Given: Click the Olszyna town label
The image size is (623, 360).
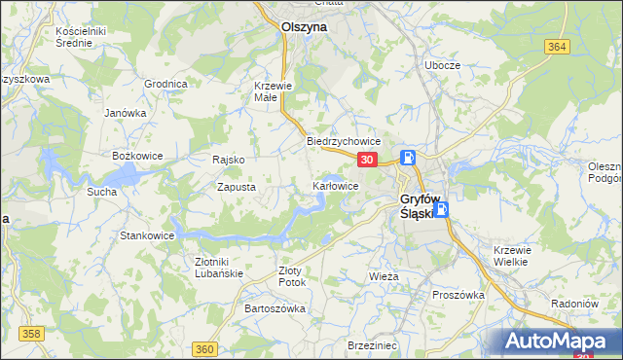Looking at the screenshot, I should click(304, 28).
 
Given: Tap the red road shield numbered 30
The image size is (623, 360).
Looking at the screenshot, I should click(366, 160).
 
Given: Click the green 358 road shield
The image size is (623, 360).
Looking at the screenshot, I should click(32, 334).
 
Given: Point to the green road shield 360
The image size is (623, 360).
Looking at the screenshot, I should click(204, 349).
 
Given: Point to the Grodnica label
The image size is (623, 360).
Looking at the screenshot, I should click(165, 84).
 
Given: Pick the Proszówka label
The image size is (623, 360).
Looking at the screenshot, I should click(458, 295).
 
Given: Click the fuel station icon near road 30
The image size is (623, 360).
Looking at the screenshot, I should click(410, 159).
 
